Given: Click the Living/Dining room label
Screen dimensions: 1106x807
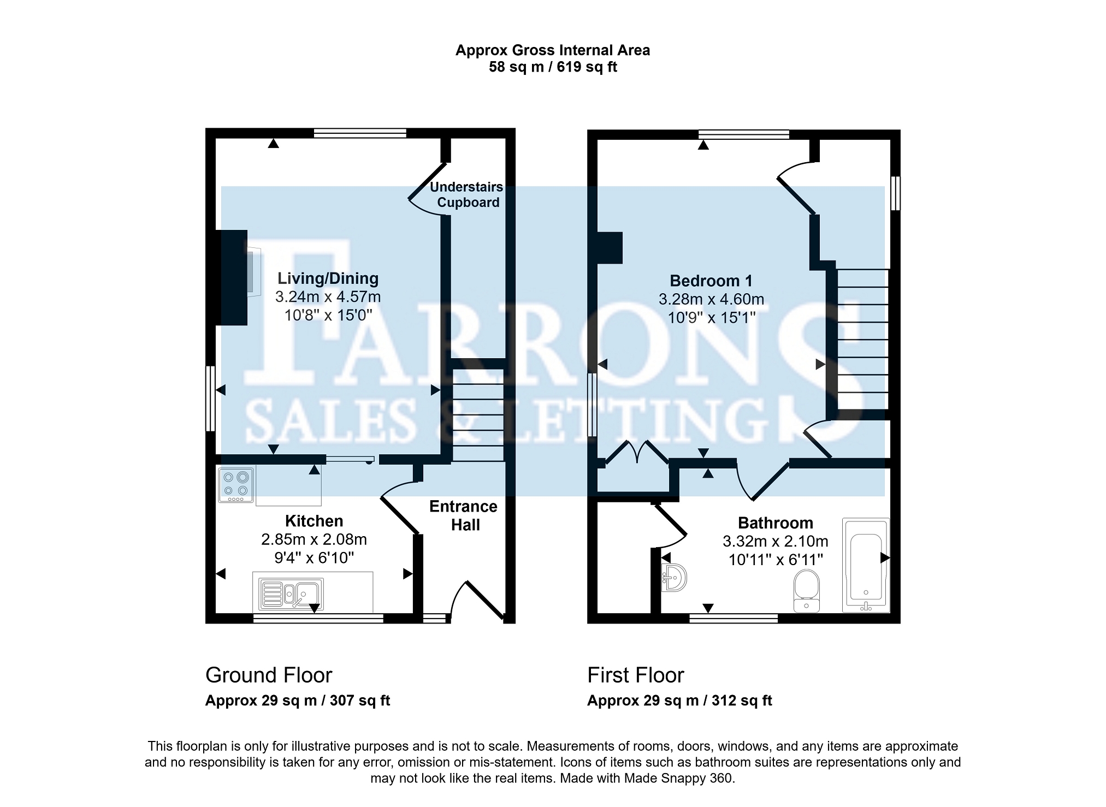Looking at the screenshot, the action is click(328, 278).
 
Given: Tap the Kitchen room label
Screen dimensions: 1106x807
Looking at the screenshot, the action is click(314, 521).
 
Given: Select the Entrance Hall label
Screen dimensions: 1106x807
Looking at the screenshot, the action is click(464, 515).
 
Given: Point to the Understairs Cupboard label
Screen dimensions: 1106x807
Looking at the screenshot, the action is click(467, 194).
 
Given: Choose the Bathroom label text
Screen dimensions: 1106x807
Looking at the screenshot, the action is click(776, 523).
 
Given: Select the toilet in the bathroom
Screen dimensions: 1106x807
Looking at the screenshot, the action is click(807, 591).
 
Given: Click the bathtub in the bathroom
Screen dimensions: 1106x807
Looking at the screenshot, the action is click(866, 565).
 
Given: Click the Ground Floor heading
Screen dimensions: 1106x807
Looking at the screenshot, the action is click(269, 675).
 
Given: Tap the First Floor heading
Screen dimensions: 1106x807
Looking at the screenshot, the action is click(636, 675).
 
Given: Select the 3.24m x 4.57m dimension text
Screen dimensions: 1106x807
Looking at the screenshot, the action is click(328, 297).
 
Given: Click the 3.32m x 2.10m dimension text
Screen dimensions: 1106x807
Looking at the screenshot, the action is click(776, 542).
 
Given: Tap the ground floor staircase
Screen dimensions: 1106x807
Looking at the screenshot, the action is click(478, 415).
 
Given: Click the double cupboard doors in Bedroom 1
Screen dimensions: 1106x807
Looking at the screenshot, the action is click(637, 453).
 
